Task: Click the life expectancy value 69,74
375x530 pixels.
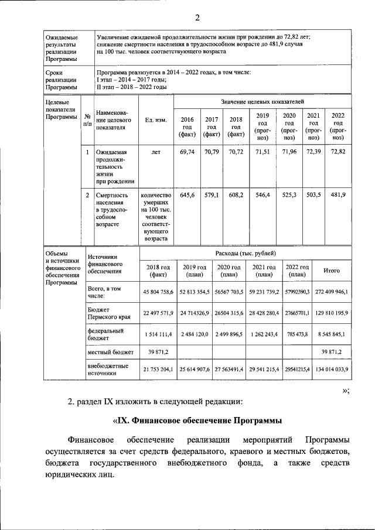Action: [x=187, y=152]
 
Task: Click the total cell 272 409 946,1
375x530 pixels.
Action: [x=332, y=292]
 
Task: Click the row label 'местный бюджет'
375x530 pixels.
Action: [x=111, y=352]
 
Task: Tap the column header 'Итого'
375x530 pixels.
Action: [x=332, y=271]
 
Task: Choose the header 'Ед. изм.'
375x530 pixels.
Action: [x=156, y=121]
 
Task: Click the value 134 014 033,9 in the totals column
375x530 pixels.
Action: [x=332, y=370]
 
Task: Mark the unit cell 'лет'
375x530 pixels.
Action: [x=156, y=152]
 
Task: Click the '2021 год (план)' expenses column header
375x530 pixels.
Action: [x=264, y=271]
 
